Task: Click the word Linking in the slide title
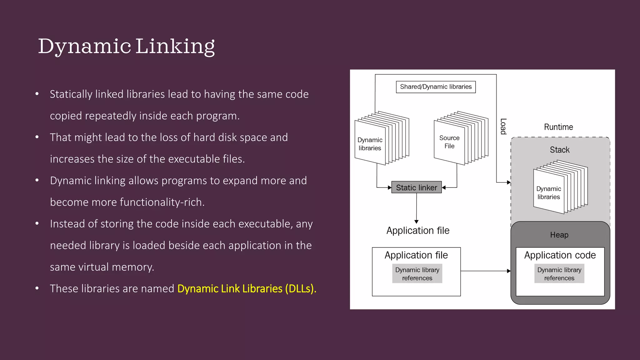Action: coord(175,46)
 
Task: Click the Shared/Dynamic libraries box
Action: coord(436,87)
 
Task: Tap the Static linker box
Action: coord(416,187)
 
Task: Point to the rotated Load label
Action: coord(503,126)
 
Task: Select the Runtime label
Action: coord(558,127)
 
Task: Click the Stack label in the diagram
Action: coord(560,150)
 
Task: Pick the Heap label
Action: coord(559,235)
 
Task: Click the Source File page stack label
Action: coord(449,142)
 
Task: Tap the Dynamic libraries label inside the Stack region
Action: coord(549,193)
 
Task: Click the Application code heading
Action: coord(560,255)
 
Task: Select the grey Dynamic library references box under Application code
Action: coord(559,274)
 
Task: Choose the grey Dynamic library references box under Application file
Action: coord(417,274)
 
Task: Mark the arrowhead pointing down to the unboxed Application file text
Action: coord(416,222)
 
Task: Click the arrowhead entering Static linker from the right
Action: coord(444,187)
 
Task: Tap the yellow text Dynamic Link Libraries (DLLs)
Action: coord(247,288)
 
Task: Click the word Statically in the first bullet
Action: coord(71,94)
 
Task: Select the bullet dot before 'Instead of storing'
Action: coord(37,223)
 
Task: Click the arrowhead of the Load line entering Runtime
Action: coord(509,182)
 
